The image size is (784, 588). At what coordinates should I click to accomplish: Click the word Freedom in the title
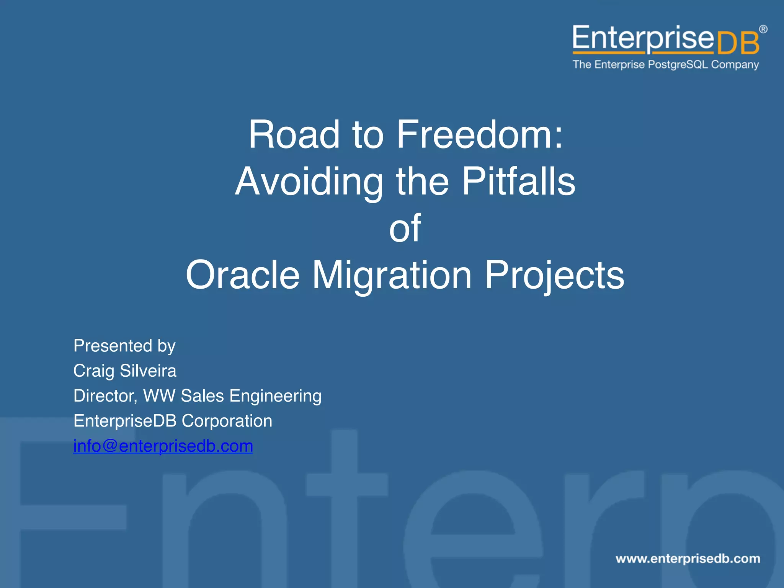479,135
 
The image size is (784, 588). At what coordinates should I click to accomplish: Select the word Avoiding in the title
309,182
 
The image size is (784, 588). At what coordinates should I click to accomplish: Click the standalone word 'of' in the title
405,229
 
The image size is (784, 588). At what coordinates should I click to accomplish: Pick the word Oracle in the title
242,275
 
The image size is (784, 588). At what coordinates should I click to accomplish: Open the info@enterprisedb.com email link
163,446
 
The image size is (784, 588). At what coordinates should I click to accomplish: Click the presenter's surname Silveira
148,371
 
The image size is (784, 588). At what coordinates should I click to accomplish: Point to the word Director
105,396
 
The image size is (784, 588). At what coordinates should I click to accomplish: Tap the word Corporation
227,421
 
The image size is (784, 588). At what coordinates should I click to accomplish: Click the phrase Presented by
124,346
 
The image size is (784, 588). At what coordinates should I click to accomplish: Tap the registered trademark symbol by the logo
763,29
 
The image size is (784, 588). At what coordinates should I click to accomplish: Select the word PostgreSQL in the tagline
678,65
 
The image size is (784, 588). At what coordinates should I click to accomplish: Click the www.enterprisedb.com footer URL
688,559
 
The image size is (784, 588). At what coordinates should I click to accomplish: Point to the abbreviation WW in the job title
159,396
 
